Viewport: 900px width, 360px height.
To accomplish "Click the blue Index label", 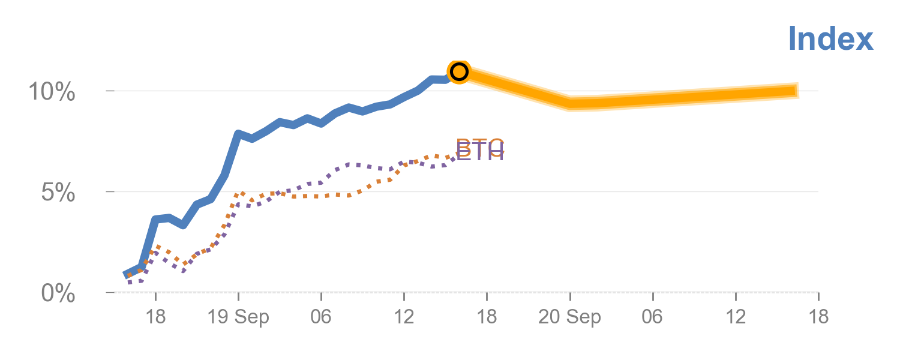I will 830,40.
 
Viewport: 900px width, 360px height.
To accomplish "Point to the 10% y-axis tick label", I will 52,92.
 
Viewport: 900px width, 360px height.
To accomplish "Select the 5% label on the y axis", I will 59,193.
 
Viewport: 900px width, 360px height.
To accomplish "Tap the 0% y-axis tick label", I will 59,294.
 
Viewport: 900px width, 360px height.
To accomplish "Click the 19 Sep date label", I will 238,317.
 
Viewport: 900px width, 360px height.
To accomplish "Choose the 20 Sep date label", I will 569,317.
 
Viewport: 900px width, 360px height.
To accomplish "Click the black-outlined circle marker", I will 459,71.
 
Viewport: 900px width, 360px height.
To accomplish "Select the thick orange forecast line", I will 690,96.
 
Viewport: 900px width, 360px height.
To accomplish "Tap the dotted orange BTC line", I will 318,196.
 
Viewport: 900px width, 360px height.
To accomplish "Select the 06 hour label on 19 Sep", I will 321,317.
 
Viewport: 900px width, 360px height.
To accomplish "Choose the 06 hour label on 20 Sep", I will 652,317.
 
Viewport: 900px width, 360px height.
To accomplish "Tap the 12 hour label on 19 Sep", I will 404,317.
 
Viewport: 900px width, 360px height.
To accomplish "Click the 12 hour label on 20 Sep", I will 736,317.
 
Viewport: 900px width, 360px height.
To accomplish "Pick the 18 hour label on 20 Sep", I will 818,317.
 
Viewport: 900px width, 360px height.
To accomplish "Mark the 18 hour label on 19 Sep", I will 487,317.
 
